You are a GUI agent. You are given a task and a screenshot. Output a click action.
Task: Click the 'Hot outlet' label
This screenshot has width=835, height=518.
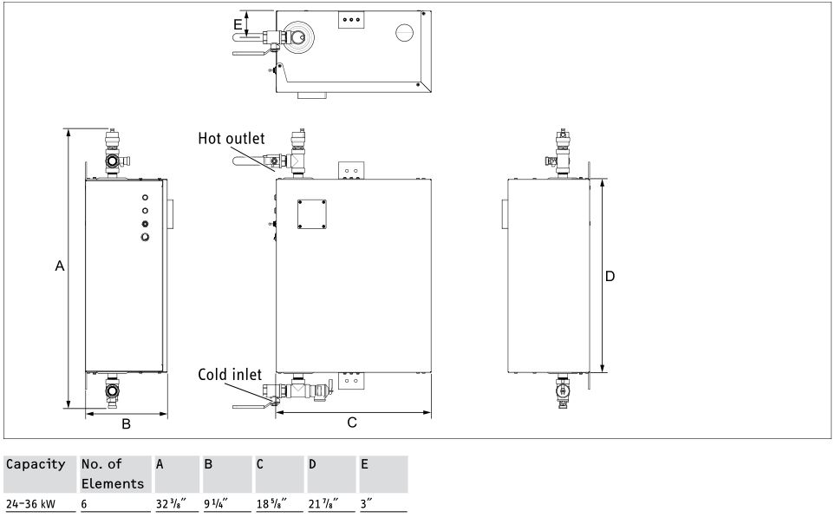(232, 139)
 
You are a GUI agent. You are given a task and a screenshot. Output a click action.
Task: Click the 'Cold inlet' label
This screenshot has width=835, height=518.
(230, 375)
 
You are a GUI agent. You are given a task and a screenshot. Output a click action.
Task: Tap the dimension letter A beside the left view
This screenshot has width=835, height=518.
(60, 266)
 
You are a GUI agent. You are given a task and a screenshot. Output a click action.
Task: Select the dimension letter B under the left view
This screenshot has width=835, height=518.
(127, 423)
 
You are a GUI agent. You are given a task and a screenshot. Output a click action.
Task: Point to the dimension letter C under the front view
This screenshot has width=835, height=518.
(352, 423)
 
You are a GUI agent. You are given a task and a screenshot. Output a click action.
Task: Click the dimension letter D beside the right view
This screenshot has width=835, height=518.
(610, 276)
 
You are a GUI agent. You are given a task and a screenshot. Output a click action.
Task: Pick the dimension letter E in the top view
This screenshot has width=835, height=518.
(238, 24)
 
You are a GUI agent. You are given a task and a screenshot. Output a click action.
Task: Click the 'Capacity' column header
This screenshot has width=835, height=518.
(36, 464)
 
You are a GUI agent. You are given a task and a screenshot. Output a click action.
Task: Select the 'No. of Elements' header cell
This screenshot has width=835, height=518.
(113, 474)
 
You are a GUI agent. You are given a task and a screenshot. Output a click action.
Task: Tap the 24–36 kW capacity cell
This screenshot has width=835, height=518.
(30, 503)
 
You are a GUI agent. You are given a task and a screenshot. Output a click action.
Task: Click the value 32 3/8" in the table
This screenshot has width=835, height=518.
(171, 503)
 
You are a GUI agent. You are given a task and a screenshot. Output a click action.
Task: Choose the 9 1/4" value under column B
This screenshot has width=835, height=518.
(216, 503)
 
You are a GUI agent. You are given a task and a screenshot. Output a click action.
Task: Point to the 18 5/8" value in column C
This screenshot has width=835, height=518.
(271, 503)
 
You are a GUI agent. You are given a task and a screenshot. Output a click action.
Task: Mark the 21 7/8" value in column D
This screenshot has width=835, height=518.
(323, 503)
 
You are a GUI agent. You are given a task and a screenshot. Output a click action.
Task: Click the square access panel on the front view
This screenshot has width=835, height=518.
(312, 214)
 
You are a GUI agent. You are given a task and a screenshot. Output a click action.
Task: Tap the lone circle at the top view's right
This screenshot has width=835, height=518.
(405, 32)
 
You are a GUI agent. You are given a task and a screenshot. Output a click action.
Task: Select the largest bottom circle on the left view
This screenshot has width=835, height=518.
(145, 237)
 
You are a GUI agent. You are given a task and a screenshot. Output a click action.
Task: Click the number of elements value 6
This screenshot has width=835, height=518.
(84, 503)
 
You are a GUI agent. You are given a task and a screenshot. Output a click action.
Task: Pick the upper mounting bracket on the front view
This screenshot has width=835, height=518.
(351, 171)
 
